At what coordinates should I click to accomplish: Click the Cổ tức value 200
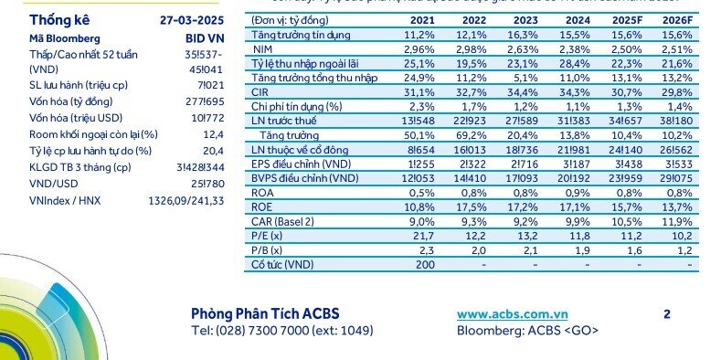pos(421,265)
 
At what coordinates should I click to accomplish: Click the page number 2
pos(667,314)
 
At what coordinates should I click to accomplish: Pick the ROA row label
pos(265,193)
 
